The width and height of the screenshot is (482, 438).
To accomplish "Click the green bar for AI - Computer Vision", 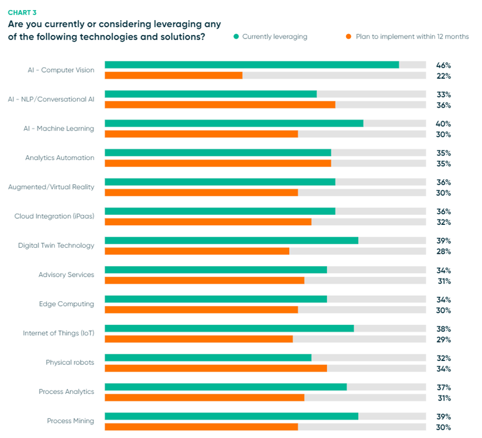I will pos(251,65).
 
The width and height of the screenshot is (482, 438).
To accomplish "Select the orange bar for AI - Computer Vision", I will pos(173,75).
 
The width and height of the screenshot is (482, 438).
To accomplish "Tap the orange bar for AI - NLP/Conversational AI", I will pos(220,105).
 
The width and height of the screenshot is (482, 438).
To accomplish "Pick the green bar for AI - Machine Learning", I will pos(233,123).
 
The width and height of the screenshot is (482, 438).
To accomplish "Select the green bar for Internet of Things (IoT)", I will pos(229,329).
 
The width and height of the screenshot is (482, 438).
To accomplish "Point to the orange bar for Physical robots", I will pos(216,368).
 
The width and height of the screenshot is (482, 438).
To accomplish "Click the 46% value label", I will pos(444,65).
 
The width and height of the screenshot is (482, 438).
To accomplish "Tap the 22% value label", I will pos(444,76).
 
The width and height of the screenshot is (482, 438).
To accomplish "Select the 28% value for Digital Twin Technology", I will pos(444,252).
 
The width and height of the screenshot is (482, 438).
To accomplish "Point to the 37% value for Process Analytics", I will pos(444,387).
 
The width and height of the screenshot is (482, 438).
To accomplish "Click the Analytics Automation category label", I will pos(60,158).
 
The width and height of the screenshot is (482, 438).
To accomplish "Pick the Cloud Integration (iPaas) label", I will pos(54,216).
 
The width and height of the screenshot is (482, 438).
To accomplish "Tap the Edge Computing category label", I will pos(66,304).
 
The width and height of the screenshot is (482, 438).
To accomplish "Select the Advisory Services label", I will pos(66,275).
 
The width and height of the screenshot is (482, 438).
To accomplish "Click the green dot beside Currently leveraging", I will pos(236,37).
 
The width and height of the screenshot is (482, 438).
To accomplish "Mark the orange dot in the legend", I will pos(348,37).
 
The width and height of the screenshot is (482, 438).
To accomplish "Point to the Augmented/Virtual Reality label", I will pos(51,187).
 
